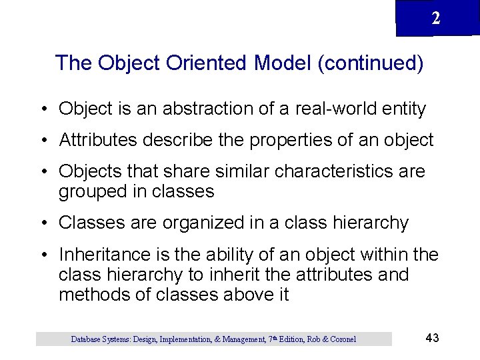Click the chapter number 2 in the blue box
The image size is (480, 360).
point(435,19)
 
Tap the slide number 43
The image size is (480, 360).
point(432,338)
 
